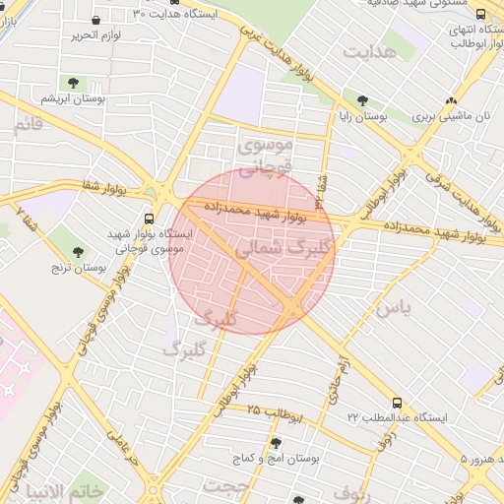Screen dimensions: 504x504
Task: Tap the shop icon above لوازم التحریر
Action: (94, 20)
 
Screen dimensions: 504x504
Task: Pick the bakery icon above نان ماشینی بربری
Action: (451, 99)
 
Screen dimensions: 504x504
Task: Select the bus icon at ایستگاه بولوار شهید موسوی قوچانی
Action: (149, 219)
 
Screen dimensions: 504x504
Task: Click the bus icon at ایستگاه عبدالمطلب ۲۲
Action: (397, 403)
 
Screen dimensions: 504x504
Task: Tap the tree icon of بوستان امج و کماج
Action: (276, 444)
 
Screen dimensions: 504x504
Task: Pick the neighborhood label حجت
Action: (224, 485)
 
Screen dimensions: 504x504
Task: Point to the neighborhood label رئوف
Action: (352, 491)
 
